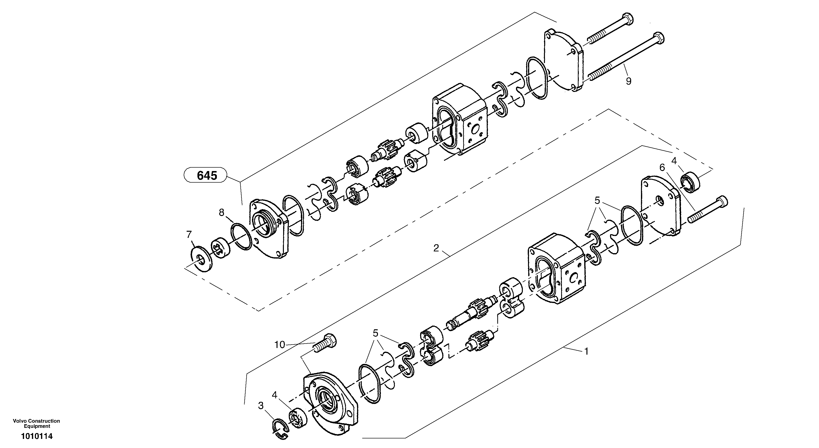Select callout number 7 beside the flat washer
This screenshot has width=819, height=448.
tap(189, 234)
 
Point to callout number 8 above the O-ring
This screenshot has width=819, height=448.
tap(222, 212)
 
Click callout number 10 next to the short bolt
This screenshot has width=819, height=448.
tap(280, 345)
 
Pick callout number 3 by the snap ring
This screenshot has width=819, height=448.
tap(261, 405)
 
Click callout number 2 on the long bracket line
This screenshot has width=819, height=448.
tap(436, 248)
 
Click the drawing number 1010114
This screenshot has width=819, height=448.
tap(37, 436)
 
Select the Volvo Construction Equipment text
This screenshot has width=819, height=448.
tap(37, 423)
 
